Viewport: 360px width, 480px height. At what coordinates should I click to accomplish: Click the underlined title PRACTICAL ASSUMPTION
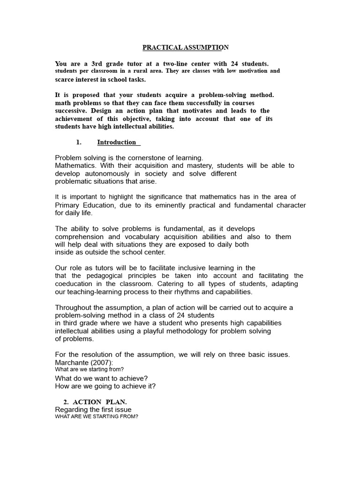tap(186, 47)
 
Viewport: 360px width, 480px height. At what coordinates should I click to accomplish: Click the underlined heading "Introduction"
tap(117, 142)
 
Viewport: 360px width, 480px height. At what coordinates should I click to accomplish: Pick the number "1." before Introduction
tap(79, 142)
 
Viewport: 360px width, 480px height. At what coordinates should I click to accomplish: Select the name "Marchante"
tap(74, 362)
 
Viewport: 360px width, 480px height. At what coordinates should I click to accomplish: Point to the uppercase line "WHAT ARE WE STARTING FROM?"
tap(97, 417)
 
